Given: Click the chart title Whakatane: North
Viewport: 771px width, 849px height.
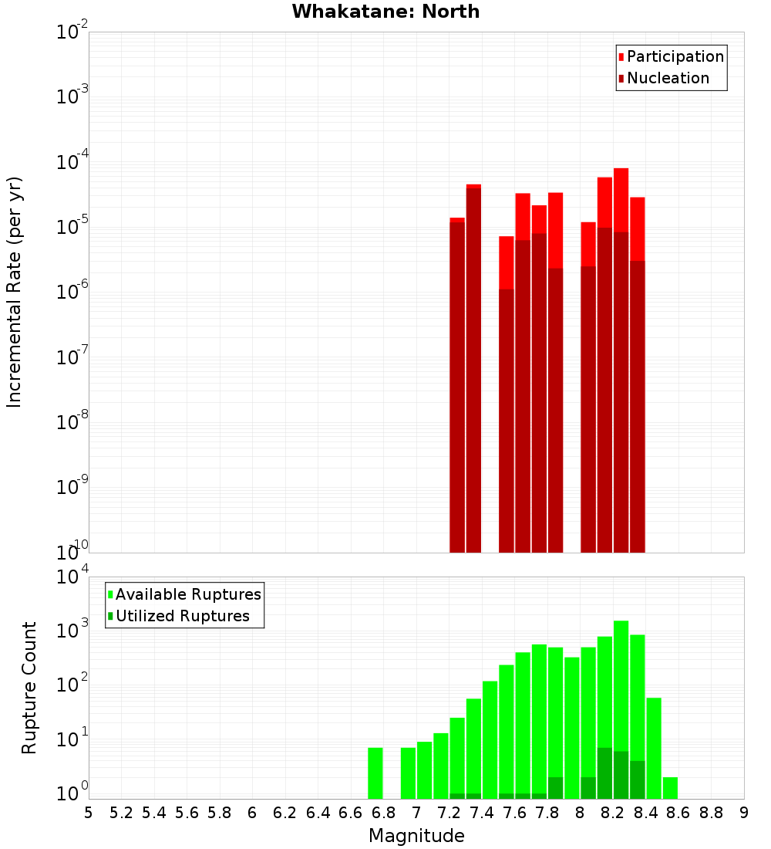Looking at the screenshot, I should pos(385,12).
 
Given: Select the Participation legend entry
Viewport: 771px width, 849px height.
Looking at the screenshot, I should pos(675,56).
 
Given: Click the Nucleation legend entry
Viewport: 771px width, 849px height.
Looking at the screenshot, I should pos(667,78).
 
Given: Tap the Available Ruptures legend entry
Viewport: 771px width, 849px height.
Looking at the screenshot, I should pos(187,594).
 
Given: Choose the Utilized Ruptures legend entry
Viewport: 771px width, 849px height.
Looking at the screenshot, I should pos(182,616).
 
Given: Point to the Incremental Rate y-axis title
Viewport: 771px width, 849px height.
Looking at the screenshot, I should pos(15,292).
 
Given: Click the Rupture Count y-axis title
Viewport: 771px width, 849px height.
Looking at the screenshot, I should pos(29,687).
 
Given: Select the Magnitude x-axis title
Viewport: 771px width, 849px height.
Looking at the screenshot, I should pos(416,836).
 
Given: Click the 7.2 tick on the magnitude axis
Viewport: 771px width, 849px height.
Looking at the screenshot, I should pos(449,813).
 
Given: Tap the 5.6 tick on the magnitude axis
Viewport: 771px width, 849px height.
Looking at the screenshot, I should pos(187,813).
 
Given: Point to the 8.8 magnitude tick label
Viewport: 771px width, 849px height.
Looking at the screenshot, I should pos(711,813).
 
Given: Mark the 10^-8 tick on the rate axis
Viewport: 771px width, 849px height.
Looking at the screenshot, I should pos(72,422).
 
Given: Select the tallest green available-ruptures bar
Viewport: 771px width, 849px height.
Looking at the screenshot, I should pos(621,695).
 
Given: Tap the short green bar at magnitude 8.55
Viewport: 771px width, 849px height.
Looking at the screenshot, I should pos(670,788).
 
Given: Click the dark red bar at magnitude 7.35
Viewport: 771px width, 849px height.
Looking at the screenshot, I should pos(473,370).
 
